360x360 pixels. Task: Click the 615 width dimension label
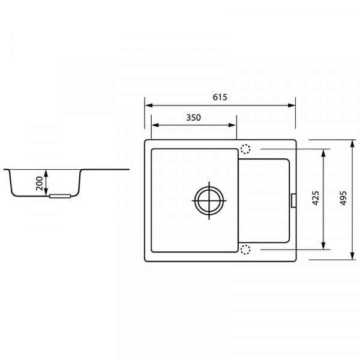tap(220, 97)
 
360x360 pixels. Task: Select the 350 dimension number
tap(193, 118)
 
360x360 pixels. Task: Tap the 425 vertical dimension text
tap(316, 199)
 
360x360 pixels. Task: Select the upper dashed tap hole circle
tap(245, 149)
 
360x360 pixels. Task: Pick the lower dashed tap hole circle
tap(245, 249)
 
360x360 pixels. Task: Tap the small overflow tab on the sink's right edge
tap(293, 199)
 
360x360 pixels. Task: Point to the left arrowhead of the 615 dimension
tap(147, 106)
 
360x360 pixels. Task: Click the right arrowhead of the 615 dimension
tap(293, 106)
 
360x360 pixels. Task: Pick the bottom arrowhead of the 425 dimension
tap(325, 246)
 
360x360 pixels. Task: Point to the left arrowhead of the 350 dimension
tap(153, 125)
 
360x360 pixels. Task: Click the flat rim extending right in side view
tap(108, 169)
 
